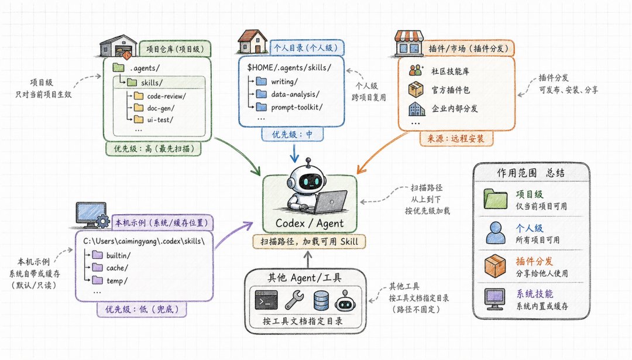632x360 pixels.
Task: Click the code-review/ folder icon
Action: pos(139,95)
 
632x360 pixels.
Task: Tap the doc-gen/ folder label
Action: pos(161,108)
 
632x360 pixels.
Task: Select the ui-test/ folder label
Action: pos(160,120)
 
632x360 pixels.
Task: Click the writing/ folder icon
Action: pos(262,81)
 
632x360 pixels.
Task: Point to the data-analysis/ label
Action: pos(295,94)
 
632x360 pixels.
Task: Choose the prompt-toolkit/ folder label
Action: pos(297,107)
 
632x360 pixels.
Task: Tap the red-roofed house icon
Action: pos(253,42)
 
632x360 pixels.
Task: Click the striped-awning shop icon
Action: pos(408,43)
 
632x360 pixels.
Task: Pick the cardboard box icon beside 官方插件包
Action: pos(416,90)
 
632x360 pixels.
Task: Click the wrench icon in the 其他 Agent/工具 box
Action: pos(294,300)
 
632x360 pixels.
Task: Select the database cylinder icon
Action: pos(321,300)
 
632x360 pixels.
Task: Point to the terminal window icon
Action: pos(266,300)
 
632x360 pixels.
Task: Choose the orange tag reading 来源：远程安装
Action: pos(456,139)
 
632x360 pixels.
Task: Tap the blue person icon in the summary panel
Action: pos(496,232)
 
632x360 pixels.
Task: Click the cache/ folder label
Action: pos(117,268)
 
